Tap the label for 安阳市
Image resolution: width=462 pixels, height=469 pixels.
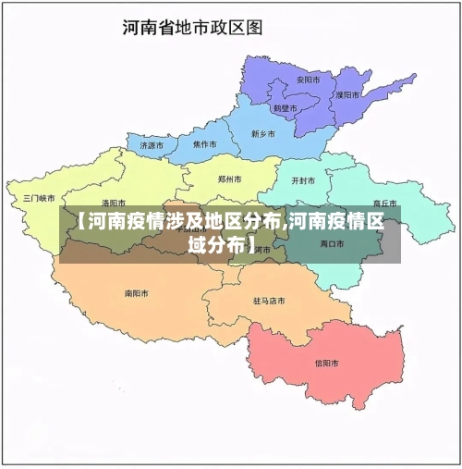tap(308, 80)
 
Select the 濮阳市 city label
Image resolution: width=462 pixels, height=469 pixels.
tap(347, 94)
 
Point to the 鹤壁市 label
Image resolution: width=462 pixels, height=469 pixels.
tap(285, 108)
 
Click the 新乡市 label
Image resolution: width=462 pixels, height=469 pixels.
tap(263, 133)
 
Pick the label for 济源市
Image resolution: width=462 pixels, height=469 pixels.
tap(152, 145)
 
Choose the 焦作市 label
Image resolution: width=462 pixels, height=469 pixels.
tap(204, 145)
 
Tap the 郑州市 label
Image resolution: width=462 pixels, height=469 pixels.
tap(230, 179)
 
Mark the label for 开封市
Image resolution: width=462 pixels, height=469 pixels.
tap(303, 180)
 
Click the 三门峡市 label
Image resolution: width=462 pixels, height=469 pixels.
tap(40, 198)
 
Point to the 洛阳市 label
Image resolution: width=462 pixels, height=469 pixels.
tap(114, 203)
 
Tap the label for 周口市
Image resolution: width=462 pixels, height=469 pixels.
tap(332, 244)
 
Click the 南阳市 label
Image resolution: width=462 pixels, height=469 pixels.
tap(136, 293)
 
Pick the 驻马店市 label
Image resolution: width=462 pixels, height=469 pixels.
tap(269, 301)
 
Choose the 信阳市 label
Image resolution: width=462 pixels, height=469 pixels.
tap(327, 363)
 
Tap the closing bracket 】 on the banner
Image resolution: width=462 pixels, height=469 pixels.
tap(253, 245)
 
